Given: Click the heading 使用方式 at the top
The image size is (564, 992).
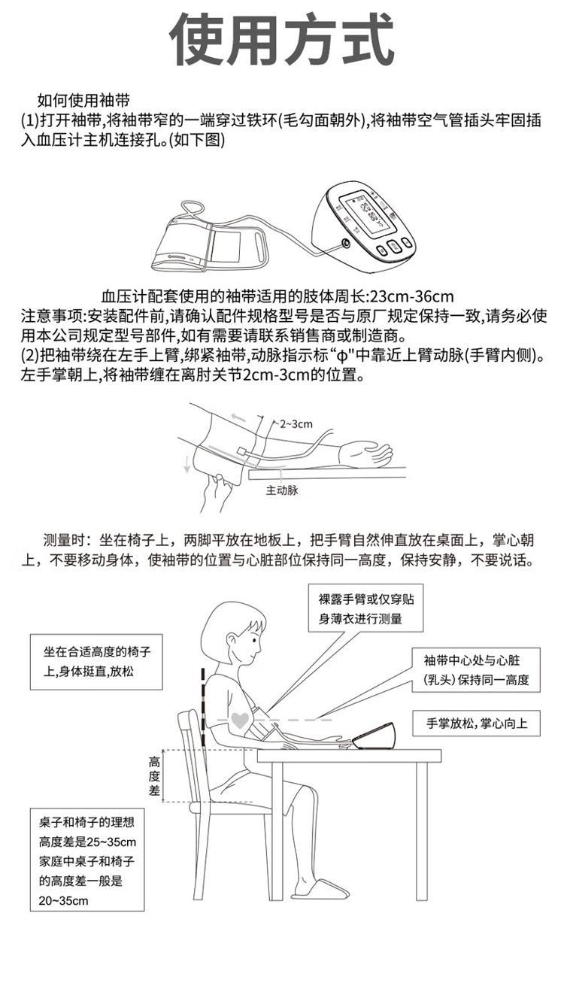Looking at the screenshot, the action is (282, 40).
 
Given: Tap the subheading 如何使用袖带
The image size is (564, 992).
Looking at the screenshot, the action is (83, 101).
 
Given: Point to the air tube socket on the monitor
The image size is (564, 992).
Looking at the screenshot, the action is (344, 243).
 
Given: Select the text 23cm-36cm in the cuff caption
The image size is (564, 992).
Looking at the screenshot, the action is (411, 296).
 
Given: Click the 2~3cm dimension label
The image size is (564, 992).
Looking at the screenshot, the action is (296, 424).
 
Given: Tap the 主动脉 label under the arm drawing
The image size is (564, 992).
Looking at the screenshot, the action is (282, 490).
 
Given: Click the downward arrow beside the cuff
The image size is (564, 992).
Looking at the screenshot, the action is (188, 462).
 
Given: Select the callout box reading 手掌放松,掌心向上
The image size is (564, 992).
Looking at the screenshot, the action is (476, 724).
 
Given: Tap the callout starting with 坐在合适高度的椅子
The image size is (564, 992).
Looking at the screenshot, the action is (96, 662).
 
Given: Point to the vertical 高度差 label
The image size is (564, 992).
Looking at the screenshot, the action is (154, 776).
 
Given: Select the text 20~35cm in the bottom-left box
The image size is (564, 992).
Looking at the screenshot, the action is (63, 900).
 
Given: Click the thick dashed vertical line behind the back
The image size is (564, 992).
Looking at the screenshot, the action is (203, 706).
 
